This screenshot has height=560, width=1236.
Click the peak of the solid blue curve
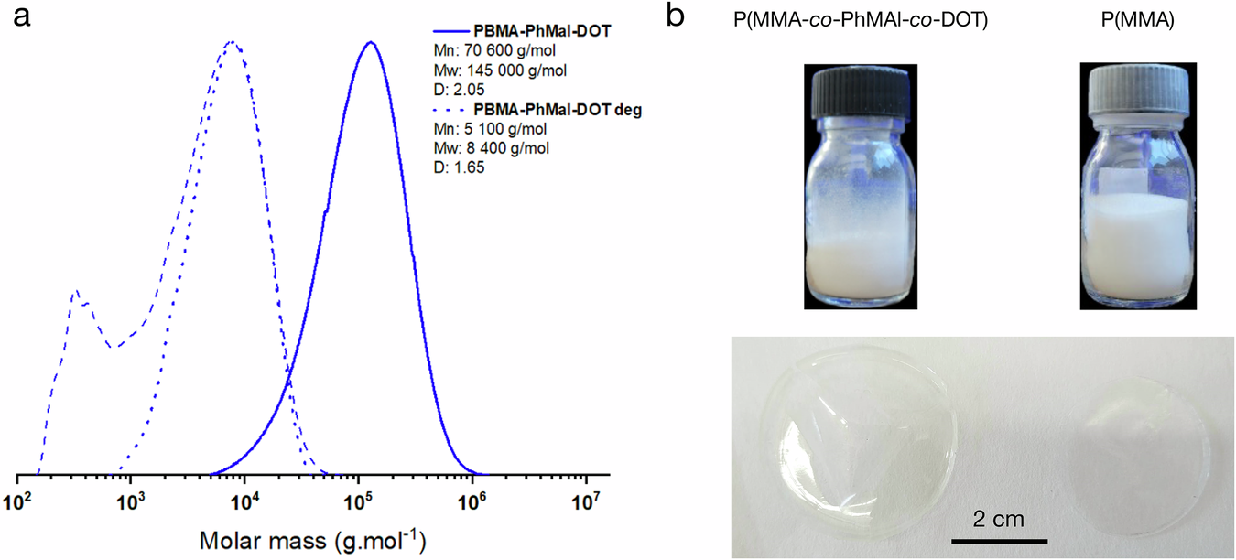pyautogui.click(x=370, y=42)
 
